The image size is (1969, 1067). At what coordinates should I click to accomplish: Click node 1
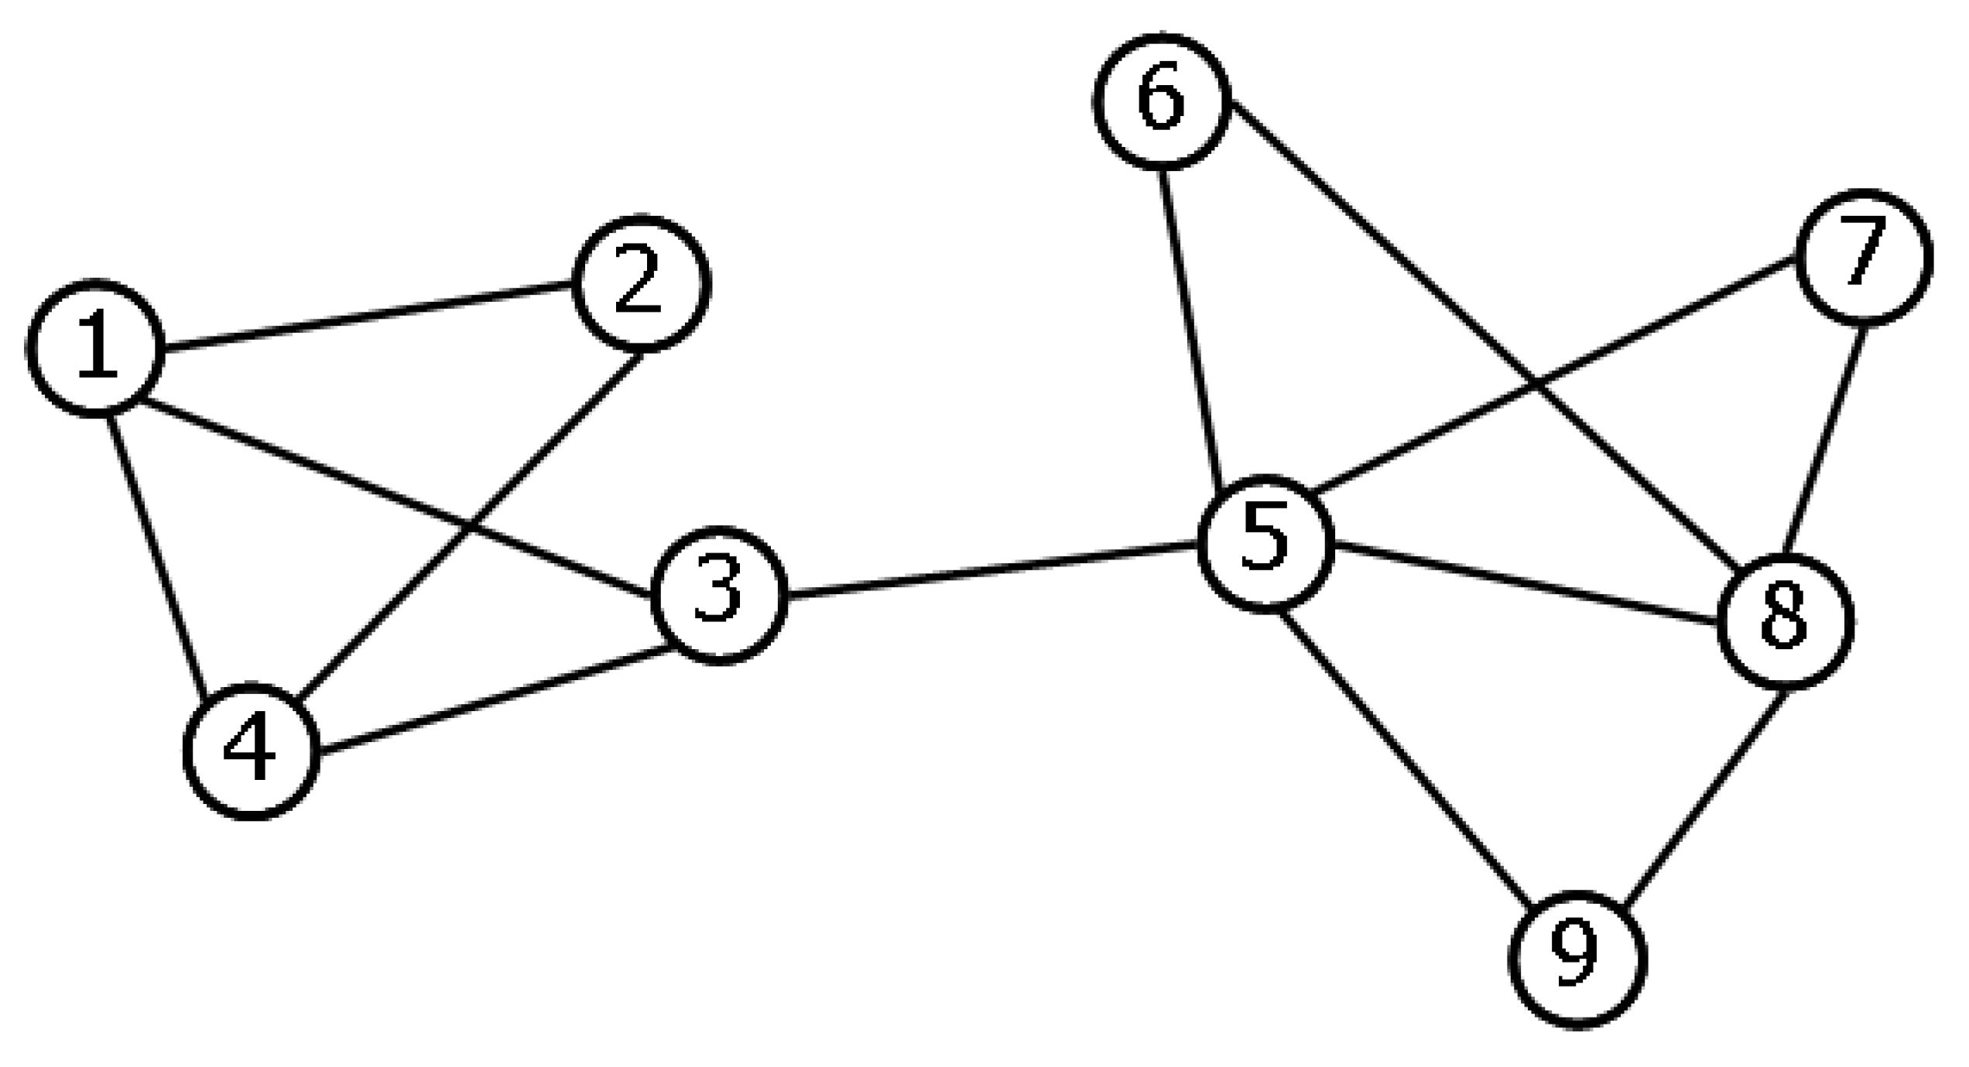point(96,347)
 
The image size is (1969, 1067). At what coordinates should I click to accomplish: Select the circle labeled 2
point(640,283)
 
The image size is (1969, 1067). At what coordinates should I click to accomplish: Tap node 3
point(720,595)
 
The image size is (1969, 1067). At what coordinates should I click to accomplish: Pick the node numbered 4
point(251,751)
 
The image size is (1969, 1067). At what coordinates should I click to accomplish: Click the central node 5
point(1265,543)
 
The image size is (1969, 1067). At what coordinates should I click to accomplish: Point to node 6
point(1162,101)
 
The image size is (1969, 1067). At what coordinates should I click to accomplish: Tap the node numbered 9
point(1577,960)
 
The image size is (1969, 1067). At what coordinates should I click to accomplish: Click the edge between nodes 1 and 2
point(368,315)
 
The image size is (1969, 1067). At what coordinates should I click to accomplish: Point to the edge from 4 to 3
point(495,697)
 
